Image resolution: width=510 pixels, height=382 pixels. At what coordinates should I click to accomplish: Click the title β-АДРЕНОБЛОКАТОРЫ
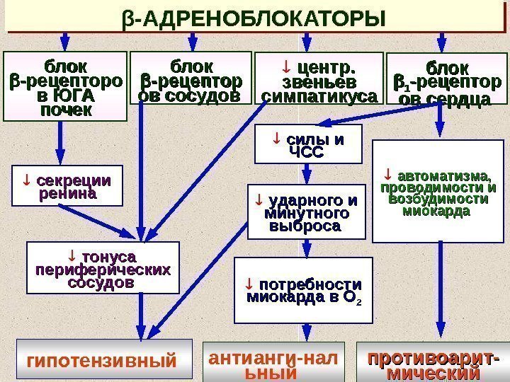coord(256,17)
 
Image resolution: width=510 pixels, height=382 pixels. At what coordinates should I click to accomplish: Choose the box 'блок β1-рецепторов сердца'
coord(443,85)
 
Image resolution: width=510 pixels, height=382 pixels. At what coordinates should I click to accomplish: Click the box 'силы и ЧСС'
coord(308,145)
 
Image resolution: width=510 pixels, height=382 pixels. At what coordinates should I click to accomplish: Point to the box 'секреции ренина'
coord(67,185)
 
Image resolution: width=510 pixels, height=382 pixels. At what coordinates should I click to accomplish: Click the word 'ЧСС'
coord(307,153)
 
